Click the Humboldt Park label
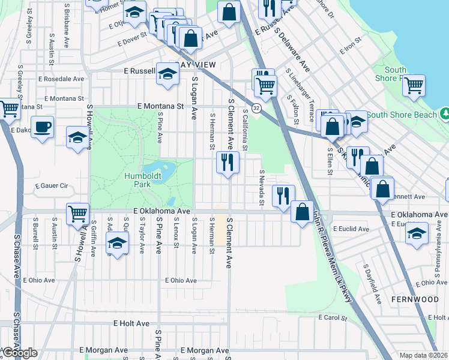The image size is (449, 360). click(x=137, y=181)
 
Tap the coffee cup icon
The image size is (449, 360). click(x=42, y=127)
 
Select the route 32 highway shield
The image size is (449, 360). click(x=256, y=108)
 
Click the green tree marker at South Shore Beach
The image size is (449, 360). click(x=445, y=113)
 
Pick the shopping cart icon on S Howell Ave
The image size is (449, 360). click(x=77, y=213)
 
